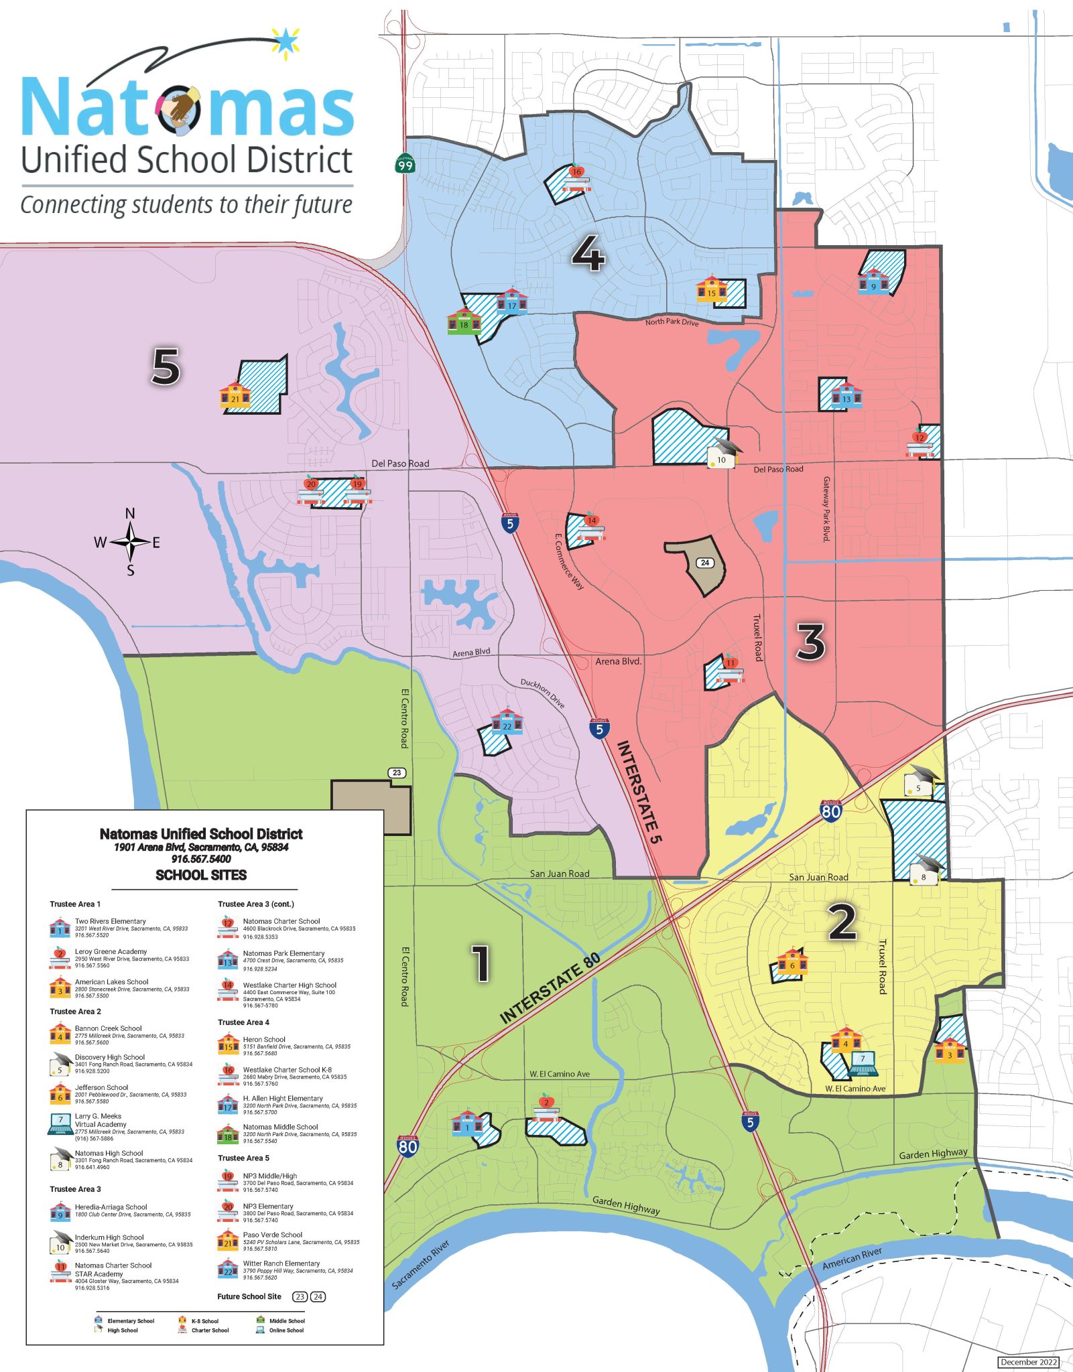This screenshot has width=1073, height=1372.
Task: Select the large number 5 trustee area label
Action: point(166,366)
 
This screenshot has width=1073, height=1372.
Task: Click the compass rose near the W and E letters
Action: point(130,542)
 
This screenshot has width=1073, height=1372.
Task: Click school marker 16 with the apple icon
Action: point(576,176)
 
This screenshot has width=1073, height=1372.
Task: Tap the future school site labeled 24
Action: point(704,563)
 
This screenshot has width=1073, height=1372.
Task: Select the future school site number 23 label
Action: point(397,772)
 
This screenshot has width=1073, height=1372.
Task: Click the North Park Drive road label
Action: point(672,322)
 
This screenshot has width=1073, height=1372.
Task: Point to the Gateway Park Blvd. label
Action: point(826,509)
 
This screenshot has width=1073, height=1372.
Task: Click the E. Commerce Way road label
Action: point(569,561)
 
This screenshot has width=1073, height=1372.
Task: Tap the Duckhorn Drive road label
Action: point(543,693)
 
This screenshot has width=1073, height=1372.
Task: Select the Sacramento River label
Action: point(420,1264)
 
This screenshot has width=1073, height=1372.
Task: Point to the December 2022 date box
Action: point(1029,1362)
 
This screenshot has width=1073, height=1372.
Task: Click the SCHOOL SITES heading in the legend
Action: point(201,875)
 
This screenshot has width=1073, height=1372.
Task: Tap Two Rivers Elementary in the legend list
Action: point(111,921)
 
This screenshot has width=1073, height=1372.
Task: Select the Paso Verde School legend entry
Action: point(272,1235)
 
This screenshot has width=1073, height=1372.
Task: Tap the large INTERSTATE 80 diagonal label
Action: point(550,988)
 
